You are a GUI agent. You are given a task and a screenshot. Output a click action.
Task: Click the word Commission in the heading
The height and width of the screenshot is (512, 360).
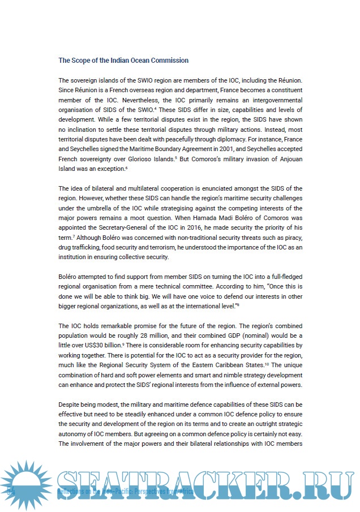pyautogui.click(x=169, y=61)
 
